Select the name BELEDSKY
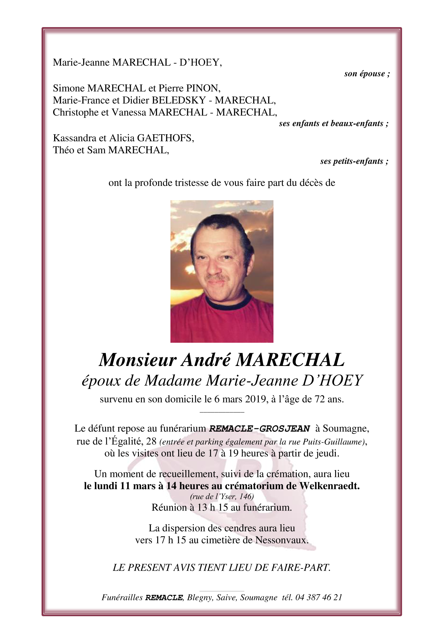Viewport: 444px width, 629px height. coord(179,100)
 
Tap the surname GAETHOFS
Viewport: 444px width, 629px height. coord(165,138)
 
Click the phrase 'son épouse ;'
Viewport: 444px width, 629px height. coord(367,74)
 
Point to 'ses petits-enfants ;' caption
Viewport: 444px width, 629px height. coord(354,161)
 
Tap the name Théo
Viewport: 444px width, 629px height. coord(63,150)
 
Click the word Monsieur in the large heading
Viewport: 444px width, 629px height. coord(138,360)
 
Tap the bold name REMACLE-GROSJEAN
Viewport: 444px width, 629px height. coord(259,429)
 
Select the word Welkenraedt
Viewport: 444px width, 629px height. coord(329,486)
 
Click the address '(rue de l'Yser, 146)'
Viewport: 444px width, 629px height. coord(222,496)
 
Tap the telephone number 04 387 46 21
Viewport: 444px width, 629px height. coord(319,597)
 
